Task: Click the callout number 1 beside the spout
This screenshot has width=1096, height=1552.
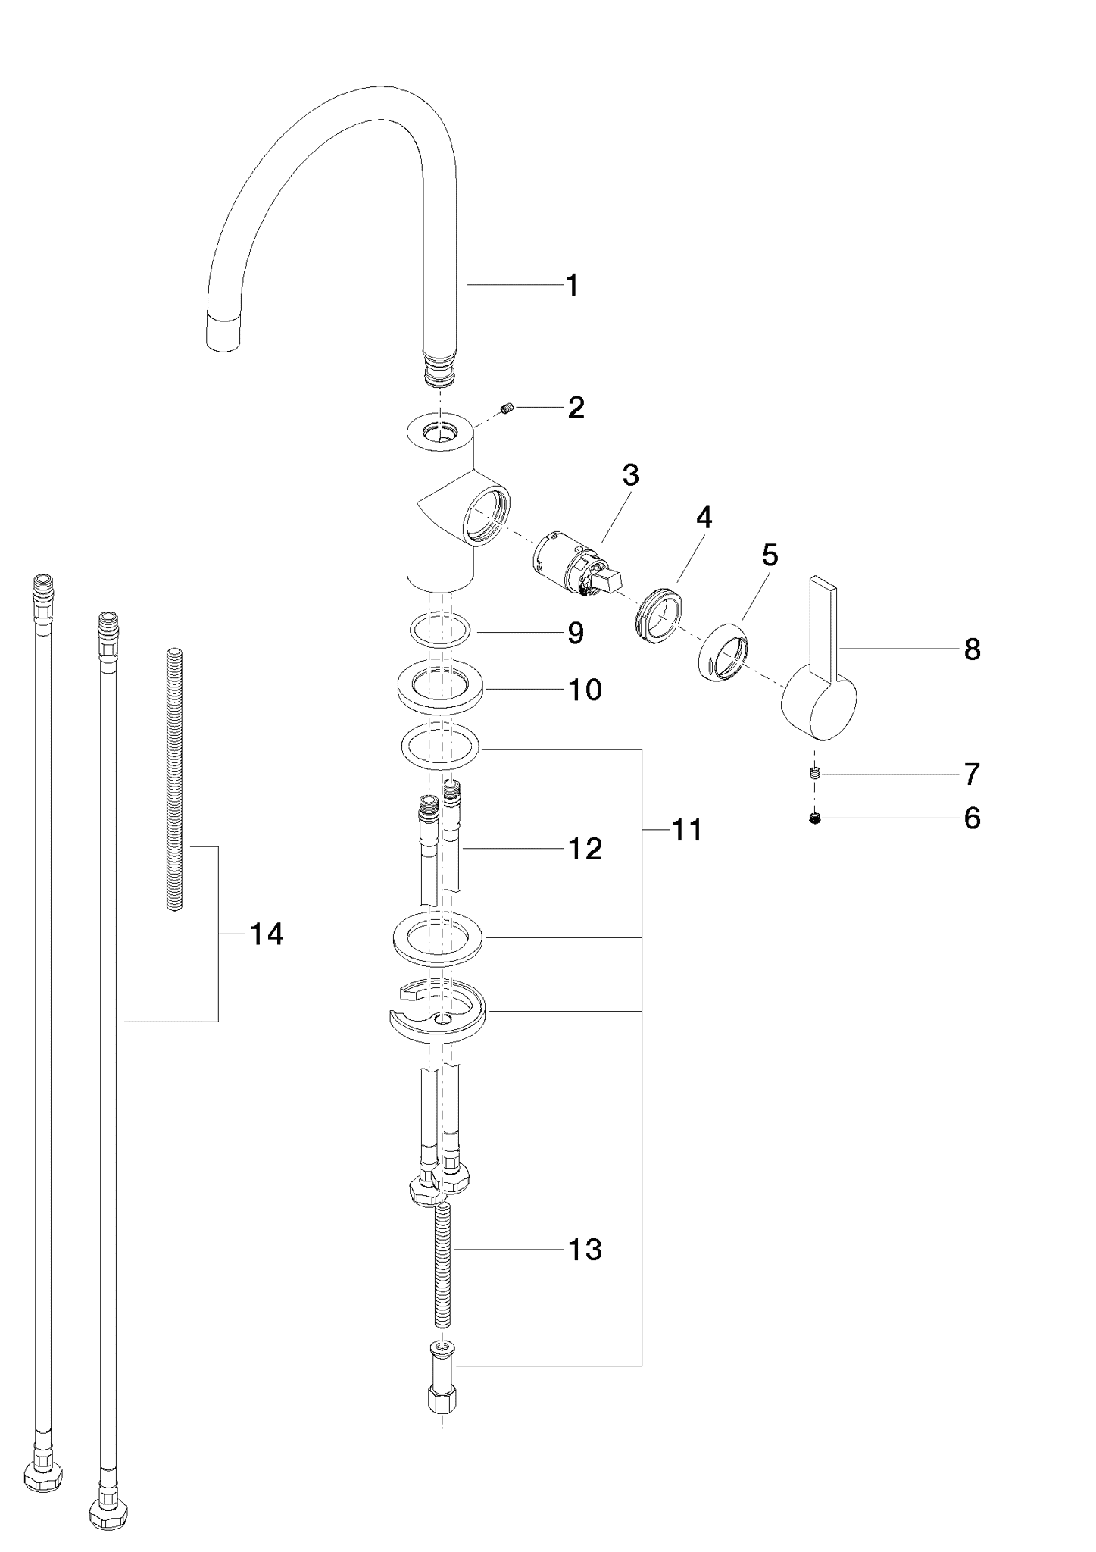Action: coord(572,286)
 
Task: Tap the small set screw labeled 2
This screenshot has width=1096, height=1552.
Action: coord(507,409)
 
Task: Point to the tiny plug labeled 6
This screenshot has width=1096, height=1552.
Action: coord(815,818)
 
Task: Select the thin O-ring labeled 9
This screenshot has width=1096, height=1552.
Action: coord(440,630)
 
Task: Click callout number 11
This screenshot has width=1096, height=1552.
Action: coord(687,831)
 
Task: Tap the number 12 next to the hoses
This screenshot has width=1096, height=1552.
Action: coord(585,849)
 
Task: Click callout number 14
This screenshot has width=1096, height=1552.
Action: coord(266,935)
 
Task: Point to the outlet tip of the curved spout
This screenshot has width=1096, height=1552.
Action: coord(226,333)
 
